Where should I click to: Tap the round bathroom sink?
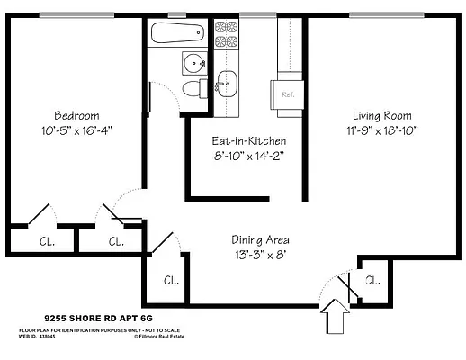coord(195,63)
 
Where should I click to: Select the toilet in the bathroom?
coord(193,89)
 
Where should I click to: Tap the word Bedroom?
coord(76,116)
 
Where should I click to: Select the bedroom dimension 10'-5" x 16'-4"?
coord(76,130)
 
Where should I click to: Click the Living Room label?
coord(381,116)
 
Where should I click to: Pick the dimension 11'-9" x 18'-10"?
coord(381,130)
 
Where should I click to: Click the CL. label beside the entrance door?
coord(372,280)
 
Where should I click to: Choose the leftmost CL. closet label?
coord(47,241)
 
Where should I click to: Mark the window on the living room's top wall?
coord(387,14)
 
